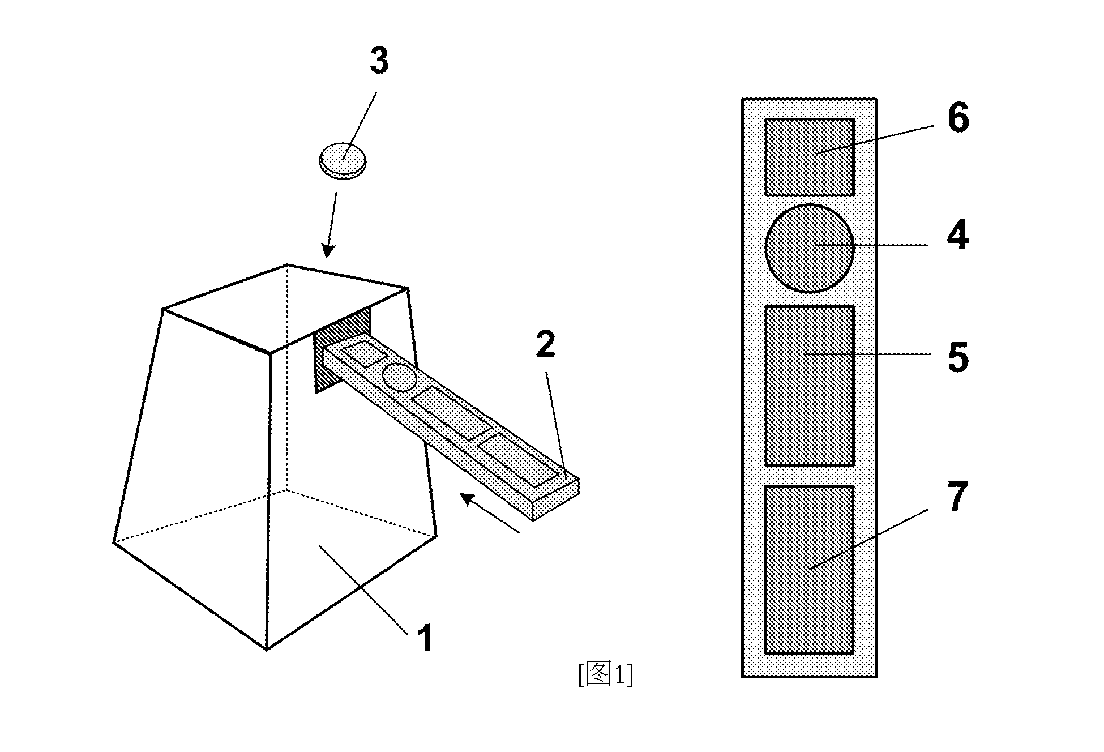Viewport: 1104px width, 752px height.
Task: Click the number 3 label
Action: (x=379, y=61)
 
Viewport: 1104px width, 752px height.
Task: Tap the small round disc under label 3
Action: (x=343, y=161)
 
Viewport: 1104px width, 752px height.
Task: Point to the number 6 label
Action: (x=958, y=118)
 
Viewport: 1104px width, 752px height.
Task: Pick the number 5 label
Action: (x=958, y=357)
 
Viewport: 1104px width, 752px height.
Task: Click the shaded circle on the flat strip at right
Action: (x=810, y=249)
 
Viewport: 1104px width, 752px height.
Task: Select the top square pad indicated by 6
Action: (x=810, y=157)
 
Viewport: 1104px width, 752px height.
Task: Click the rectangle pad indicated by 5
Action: (x=810, y=386)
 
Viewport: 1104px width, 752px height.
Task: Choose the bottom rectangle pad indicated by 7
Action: (x=810, y=570)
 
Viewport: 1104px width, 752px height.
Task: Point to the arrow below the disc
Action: (x=331, y=225)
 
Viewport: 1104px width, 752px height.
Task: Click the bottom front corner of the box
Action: (x=267, y=650)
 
